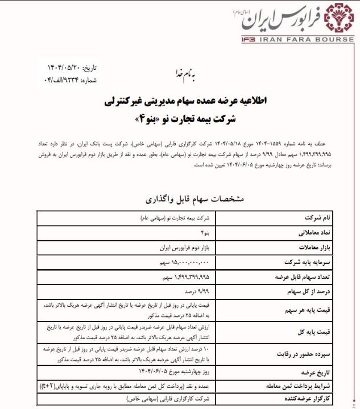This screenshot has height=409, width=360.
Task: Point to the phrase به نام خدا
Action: click(x=180, y=74)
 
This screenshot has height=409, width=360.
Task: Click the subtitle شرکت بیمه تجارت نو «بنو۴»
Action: click(x=180, y=120)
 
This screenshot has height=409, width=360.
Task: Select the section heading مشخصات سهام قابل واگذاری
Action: click(x=180, y=200)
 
